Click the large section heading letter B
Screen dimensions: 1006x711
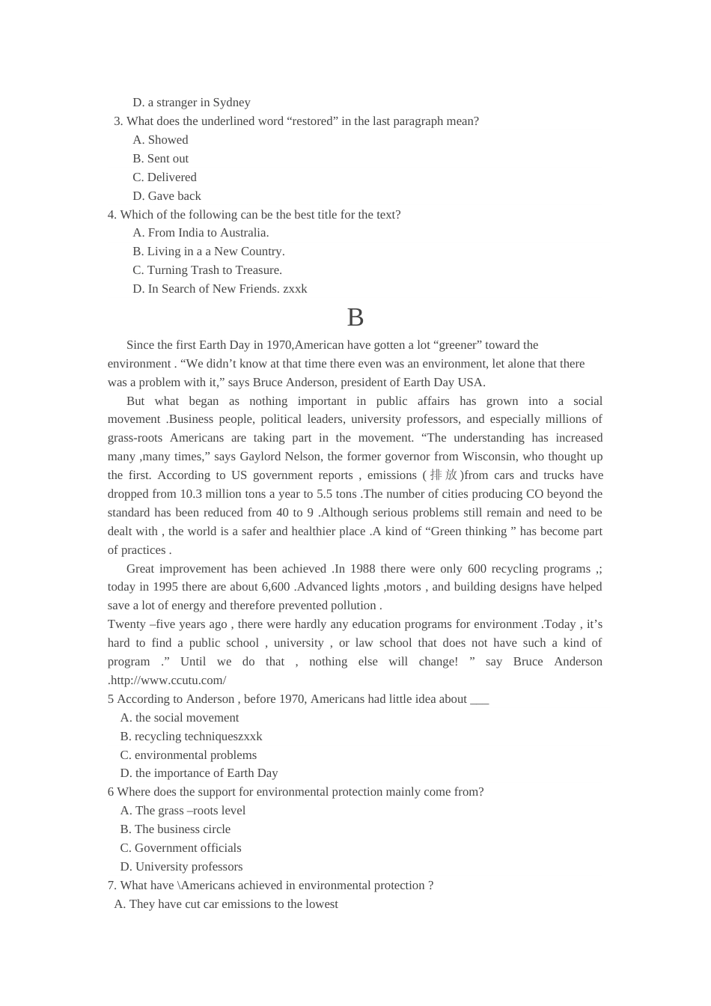pyautogui.click(x=355, y=318)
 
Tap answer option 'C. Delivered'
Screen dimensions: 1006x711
pyautogui.click(x=165, y=177)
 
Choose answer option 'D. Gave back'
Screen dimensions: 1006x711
pyautogui.click(x=167, y=196)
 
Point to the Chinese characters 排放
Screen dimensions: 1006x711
pyautogui.click(x=443, y=475)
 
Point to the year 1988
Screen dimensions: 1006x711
pyautogui.click(x=363, y=569)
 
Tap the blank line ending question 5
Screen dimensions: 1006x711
pyautogui.click(x=479, y=699)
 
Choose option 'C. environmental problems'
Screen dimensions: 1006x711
pyautogui.click(x=189, y=755)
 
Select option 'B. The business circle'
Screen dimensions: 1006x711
pyautogui.click(x=175, y=829)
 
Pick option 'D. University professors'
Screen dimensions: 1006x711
pyautogui.click(x=181, y=867)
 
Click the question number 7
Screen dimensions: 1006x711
pyautogui.click(x=112, y=885)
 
